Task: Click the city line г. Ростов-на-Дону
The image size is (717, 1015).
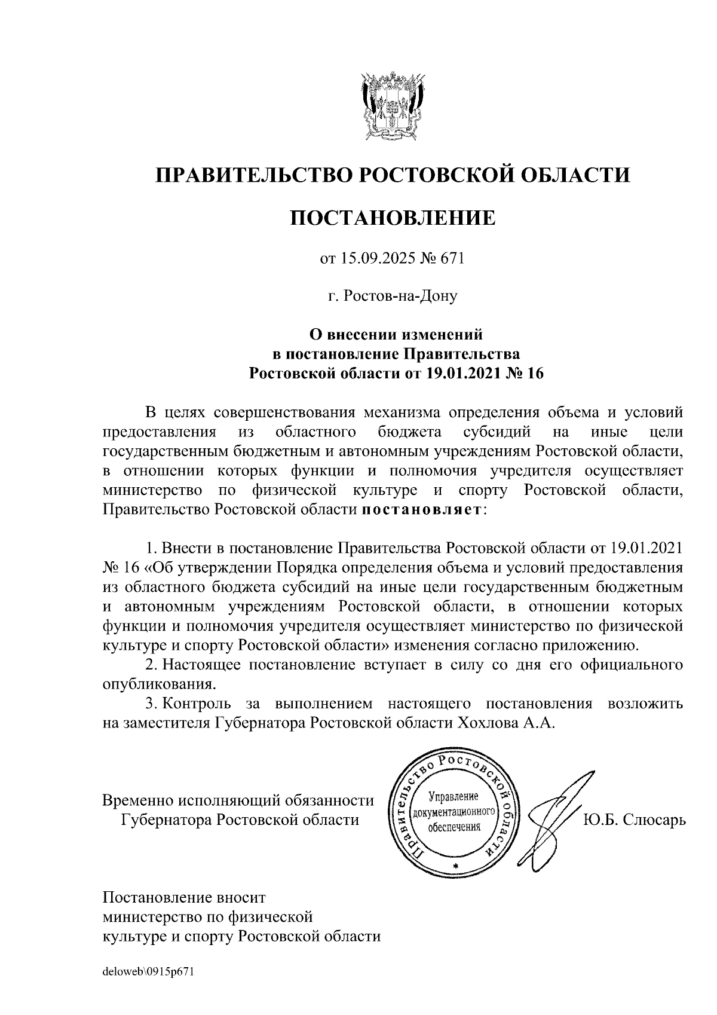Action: (393, 296)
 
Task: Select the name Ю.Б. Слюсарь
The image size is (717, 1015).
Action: (634, 818)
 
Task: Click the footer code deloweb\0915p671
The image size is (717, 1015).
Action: (149, 971)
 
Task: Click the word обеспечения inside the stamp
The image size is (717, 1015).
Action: (455, 827)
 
